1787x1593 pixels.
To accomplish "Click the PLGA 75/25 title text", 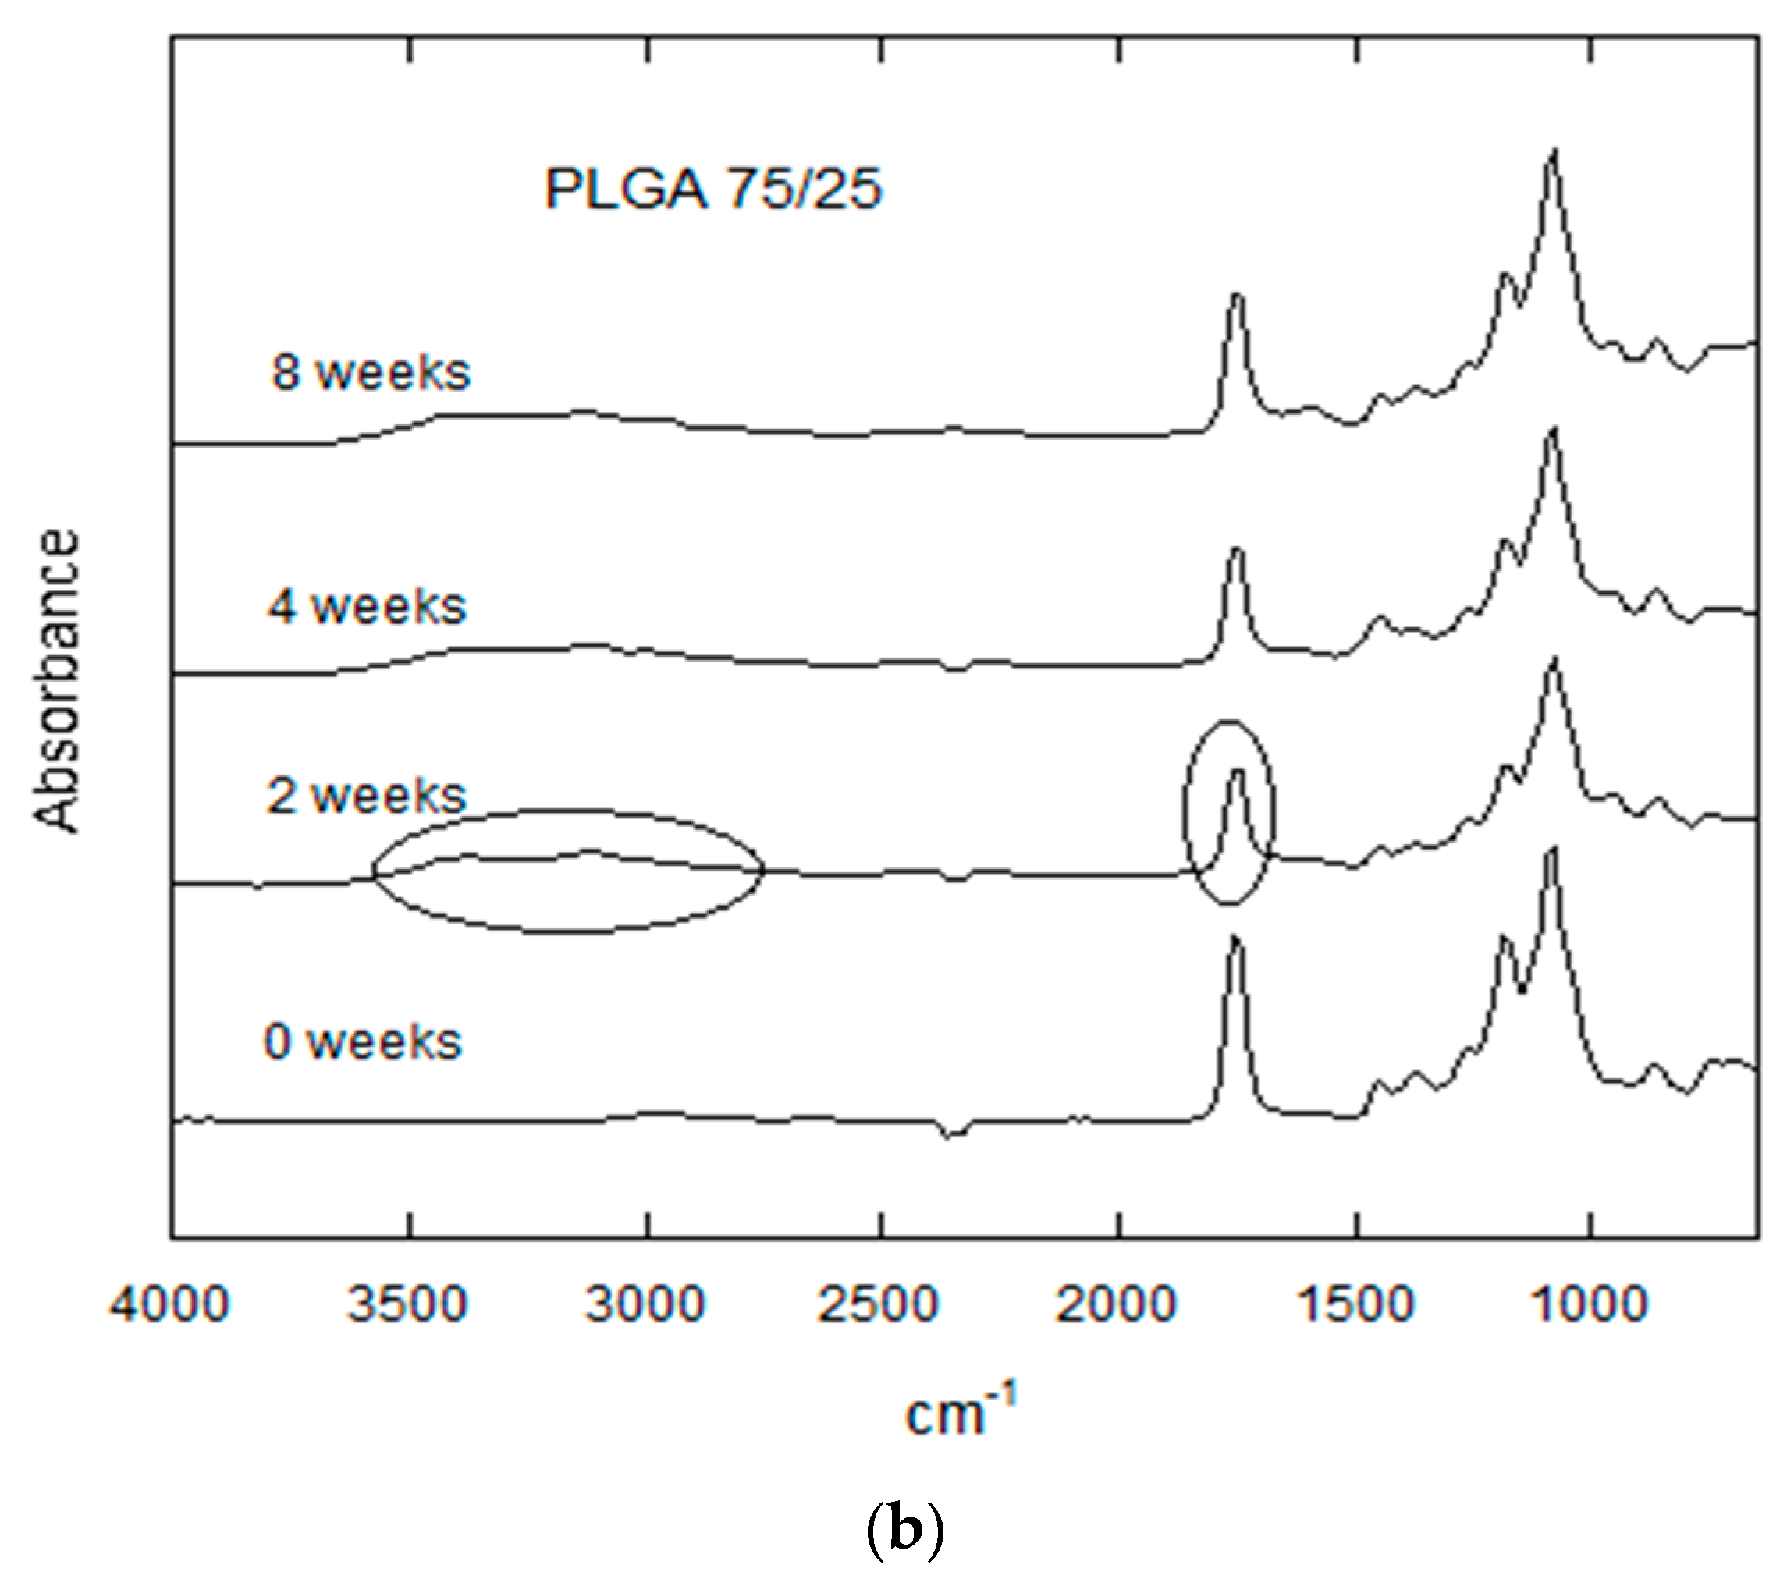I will click(x=712, y=188).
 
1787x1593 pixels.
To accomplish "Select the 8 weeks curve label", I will click(x=371, y=372).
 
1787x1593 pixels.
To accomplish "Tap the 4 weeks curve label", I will click(x=368, y=605).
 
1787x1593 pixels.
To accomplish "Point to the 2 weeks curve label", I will click(x=367, y=796).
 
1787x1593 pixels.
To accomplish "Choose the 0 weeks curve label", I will click(x=364, y=1041).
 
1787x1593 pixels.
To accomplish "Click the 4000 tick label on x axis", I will click(x=170, y=1304).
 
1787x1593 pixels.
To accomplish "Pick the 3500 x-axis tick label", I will click(x=407, y=1304).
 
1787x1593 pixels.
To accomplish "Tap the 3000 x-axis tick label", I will click(x=645, y=1304).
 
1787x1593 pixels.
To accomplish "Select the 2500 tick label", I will click(x=878, y=1304).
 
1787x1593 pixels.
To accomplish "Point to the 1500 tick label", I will click(x=1355, y=1304).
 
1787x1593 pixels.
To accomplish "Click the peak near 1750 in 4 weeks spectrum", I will click(x=1236, y=551).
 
